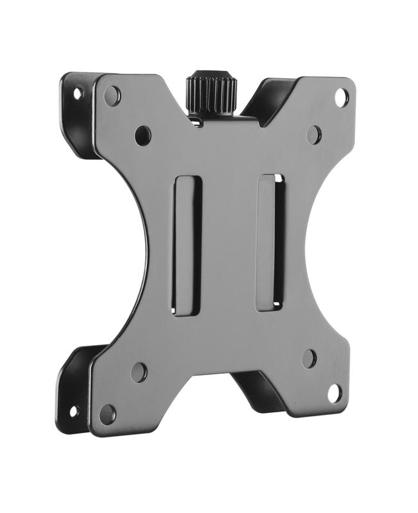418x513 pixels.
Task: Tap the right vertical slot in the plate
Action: point(270,242)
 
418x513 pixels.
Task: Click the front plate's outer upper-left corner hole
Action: point(112,96)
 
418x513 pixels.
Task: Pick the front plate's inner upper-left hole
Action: point(143,135)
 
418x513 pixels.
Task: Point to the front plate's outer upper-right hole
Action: point(342,97)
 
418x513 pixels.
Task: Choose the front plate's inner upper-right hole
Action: point(313,134)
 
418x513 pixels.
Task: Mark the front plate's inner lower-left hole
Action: point(139,372)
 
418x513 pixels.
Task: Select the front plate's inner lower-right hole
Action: point(309,358)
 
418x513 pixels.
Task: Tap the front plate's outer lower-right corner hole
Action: point(335,392)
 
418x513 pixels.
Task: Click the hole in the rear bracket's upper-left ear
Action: point(78,93)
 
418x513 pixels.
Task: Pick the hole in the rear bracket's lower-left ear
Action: point(73,410)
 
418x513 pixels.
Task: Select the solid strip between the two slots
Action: point(229,244)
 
